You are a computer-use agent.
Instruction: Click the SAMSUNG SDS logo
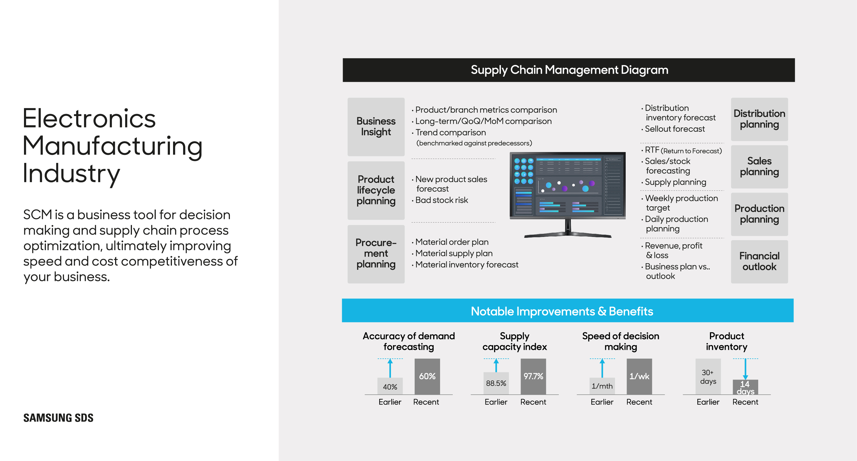pyautogui.click(x=58, y=418)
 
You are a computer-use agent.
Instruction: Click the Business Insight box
pyautogui.click(x=376, y=127)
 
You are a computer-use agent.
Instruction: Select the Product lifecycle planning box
pyautogui.click(x=376, y=190)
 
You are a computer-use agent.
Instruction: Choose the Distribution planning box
pyautogui.click(x=759, y=119)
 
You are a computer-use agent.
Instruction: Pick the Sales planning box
pyautogui.click(x=759, y=167)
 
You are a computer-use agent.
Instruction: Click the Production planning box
pyautogui.click(x=759, y=214)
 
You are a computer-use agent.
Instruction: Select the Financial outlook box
pyautogui.click(x=759, y=262)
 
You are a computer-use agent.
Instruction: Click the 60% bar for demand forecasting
pyautogui.click(x=427, y=376)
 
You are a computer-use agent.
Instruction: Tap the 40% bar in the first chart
pyautogui.click(x=390, y=386)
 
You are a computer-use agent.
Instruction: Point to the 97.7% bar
pyautogui.click(x=533, y=376)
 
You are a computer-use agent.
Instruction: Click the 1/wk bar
pyautogui.click(x=639, y=376)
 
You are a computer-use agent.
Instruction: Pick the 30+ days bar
pyautogui.click(x=708, y=376)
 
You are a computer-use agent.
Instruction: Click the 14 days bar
pyautogui.click(x=745, y=388)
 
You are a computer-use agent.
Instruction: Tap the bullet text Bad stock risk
pyautogui.click(x=441, y=200)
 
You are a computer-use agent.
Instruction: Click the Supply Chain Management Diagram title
pyautogui.click(x=569, y=70)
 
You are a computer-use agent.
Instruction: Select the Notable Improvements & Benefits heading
pyautogui.click(x=562, y=311)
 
